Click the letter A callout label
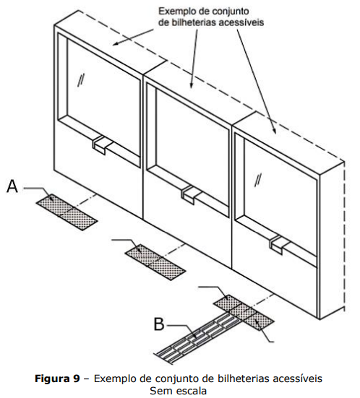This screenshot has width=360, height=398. [x=12, y=186]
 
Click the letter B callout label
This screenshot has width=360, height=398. [x=159, y=324]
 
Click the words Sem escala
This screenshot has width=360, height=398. [x=178, y=391]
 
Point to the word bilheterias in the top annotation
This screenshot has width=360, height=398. [x=194, y=22]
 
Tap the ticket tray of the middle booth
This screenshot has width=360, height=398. [x=191, y=194]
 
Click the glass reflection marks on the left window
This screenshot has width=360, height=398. [x=81, y=81]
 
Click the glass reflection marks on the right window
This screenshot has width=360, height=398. [x=259, y=181]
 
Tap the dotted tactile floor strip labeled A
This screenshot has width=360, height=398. [x=67, y=212]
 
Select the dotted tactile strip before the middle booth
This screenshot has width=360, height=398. [x=155, y=262]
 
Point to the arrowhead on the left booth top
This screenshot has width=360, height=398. [x=116, y=43]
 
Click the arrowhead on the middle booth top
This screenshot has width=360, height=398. [x=192, y=85]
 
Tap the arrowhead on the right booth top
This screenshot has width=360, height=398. [x=274, y=129]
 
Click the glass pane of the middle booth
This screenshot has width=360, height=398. [x=192, y=150]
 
